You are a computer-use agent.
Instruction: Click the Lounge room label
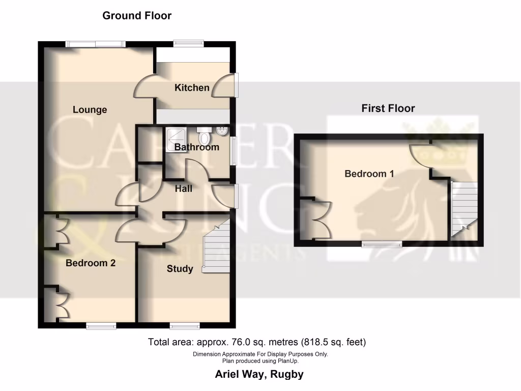pos(90,109)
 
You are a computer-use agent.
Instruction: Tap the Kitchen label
pos(192,88)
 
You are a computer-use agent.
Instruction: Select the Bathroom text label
pos(196,147)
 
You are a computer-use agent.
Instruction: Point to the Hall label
pos(184,188)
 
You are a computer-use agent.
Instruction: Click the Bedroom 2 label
pos(91,263)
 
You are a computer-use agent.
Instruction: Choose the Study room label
pos(180,268)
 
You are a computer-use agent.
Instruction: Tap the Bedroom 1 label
pos(369,174)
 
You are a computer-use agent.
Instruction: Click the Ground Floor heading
pos(137,15)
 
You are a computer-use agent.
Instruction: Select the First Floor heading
pos(388,108)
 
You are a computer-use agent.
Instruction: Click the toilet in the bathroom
pos(204,136)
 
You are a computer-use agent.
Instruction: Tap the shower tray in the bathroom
pos(176,136)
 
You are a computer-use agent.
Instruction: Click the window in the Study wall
pos(184,325)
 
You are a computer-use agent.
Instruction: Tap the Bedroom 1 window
pos(382,244)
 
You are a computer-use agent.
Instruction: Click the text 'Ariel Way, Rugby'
pos(259,374)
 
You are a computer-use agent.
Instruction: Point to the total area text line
pos(256,342)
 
